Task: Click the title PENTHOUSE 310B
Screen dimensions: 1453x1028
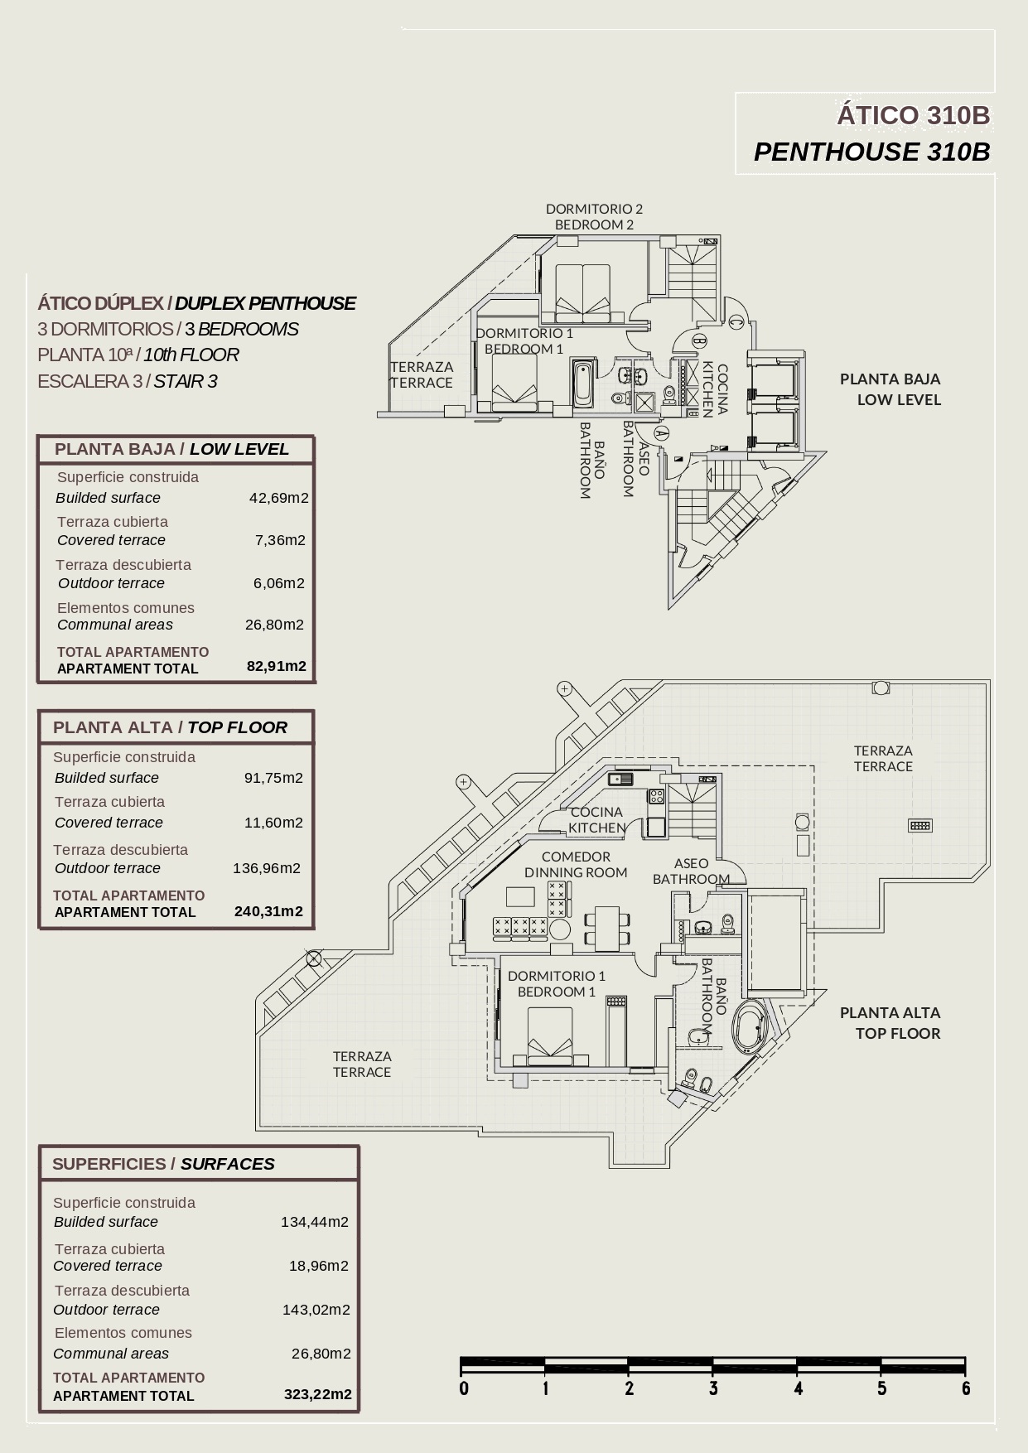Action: (x=871, y=152)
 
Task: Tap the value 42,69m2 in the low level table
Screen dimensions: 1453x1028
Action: (x=278, y=498)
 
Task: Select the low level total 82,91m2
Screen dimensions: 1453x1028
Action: (x=277, y=666)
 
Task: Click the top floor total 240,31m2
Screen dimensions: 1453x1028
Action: (x=268, y=911)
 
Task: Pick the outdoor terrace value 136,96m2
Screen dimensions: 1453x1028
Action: (x=266, y=868)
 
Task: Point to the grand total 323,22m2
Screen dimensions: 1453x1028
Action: (x=317, y=1394)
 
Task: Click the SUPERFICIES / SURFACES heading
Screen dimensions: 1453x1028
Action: (x=163, y=1164)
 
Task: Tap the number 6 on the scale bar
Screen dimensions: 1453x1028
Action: (x=966, y=1388)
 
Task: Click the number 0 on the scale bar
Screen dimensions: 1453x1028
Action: (x=464, y=1388)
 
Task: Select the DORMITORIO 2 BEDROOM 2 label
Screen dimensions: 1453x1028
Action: (x=594, y=217)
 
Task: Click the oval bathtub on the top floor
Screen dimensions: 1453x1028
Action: (x=749, y=1026)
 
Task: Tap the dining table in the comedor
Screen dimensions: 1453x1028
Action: (x=607, y=928)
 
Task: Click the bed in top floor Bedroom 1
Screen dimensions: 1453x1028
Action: (x=550, y=1035)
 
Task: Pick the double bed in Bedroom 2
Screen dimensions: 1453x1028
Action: (x=582, y=292)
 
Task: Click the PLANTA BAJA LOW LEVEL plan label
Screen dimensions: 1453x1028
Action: (x=890, y=389)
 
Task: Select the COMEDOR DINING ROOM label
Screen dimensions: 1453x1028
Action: (x=576, y=865)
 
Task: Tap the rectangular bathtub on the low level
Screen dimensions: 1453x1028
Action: (x=582, y=384)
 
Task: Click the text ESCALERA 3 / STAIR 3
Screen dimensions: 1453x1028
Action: (x=128, y=381)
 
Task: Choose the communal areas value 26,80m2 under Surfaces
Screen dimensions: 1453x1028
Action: (x=321, y=1354)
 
